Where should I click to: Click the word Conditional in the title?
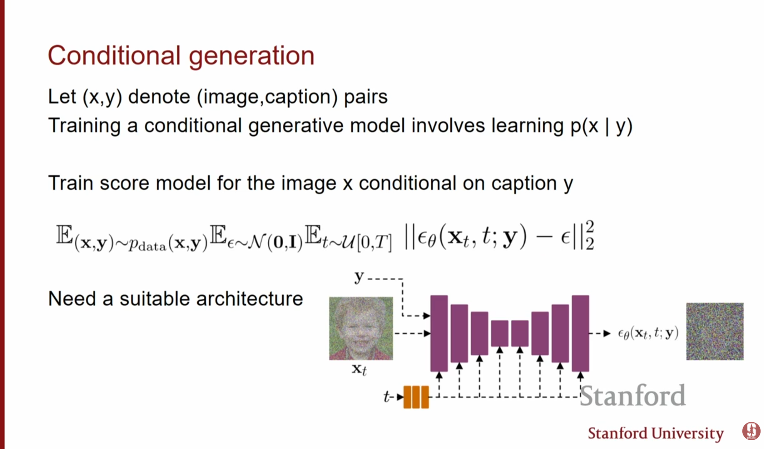[114, 56]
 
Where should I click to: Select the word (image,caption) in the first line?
[267, 97]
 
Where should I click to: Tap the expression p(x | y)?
[602, 126]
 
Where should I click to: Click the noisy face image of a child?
[361, 328]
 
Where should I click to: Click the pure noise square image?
[715, 332]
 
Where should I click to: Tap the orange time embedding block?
[416, 397]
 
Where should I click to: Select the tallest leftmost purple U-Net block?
[439, 333]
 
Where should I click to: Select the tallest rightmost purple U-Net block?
[580, 333]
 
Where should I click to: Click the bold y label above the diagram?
[359, 277]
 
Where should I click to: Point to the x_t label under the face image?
[359, 370]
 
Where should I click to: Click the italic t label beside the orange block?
[386, 396]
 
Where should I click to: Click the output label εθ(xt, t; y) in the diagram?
[648, 333]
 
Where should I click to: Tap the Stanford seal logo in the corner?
[751, 431]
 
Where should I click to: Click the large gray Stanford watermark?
[632, 396]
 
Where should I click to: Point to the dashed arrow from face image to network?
[412, 333]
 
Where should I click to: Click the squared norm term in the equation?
[499, 236]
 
